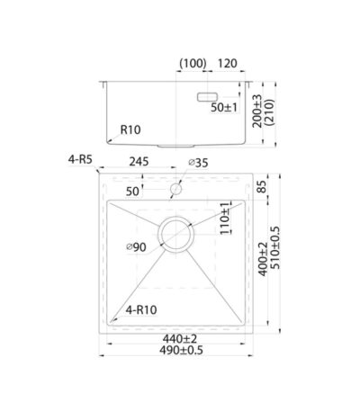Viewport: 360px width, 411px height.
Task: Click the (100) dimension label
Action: (193, 64)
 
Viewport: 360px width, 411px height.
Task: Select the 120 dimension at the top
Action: (227, 63)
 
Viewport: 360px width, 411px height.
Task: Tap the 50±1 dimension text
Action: (224, 107)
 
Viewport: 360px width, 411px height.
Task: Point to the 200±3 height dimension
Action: (257, 111)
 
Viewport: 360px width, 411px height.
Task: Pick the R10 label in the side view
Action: (130, 130)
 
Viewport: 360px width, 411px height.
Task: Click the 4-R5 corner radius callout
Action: (80, 159)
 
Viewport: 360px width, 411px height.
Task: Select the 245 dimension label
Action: (139, 162)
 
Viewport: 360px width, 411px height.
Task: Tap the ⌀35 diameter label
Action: (198, 163)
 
